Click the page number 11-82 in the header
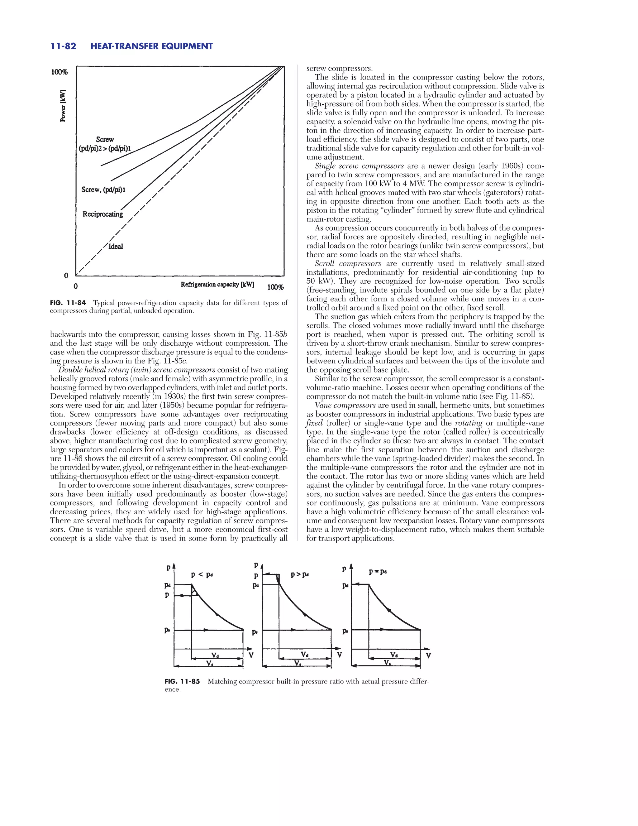(63, 46)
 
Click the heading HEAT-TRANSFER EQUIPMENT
(152, 46)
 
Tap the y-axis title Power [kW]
(63, 106)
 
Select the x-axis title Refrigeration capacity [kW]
(217, 284)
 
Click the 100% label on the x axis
(275, 287)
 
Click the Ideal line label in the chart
(116, 247)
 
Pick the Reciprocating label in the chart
(103, 214)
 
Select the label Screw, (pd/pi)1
(103, 190)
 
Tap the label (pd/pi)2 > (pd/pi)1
(104, 149)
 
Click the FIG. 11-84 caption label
(68, 303)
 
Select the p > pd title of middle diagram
(300, 574)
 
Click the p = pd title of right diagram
(378, 571)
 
